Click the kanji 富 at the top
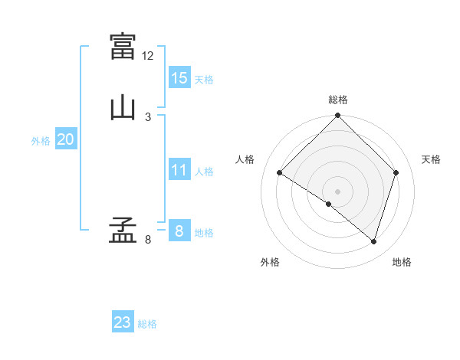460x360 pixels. [123, 46]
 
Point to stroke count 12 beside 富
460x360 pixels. [148, 56]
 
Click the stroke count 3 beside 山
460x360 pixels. [148, 117]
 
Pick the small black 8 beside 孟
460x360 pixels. [148, 241]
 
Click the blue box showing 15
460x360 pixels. [179, 78]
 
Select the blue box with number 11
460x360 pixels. [179, 170]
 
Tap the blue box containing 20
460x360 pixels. [66, 139]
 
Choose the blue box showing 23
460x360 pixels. [123, 322]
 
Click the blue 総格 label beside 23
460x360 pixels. [147, 324]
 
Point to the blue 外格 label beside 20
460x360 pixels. [41, 141]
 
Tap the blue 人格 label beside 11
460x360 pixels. [204, 172]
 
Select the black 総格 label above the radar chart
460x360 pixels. [338, 100]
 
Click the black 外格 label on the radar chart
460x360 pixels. [270, 262]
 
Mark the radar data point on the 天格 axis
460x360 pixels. [396, 172]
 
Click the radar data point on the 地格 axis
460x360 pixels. [374, 241]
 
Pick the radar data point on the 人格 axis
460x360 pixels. [280, 172]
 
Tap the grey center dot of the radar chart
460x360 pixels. [338, 191]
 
